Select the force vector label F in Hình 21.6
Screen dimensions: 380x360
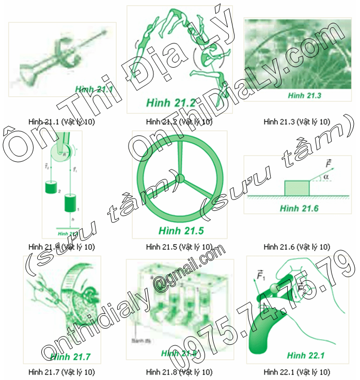click(x=328, y=164)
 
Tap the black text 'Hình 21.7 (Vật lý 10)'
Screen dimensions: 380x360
click(x=61, y=372)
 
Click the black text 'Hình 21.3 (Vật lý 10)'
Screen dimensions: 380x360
click(x=296, y=122)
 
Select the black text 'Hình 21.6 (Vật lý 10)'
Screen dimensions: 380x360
click(x=296, y=247)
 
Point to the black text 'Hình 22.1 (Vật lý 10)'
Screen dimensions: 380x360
click(x=296, y=372)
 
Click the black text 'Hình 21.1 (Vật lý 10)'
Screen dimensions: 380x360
click(x=61, y=122)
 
